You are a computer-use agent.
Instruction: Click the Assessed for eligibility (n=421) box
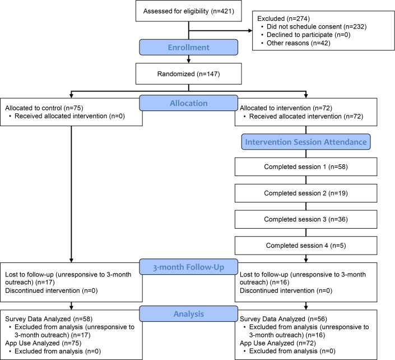(x=189, y=11)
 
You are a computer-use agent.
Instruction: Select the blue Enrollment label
(x=189, y=47)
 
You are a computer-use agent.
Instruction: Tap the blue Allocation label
(x=189, y=103)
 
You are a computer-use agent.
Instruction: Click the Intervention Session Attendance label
(x=306, y=142)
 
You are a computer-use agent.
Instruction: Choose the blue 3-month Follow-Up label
(x=189, y=267)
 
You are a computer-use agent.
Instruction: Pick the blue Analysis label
(x=189, y=313)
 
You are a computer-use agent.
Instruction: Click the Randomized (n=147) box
(x=189, y=73)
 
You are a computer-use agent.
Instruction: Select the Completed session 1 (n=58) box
(x=306, y=167)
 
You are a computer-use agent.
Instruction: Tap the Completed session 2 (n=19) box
(x=306, y=193)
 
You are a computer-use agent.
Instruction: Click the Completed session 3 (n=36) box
(x=306, y=219)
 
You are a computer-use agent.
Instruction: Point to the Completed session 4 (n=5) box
(x=306, y=246)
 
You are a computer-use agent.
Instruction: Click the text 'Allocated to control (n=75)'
(x=44, y=108)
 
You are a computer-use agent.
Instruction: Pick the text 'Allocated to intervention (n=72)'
(x=286, y=108)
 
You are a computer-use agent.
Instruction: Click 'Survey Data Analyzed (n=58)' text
(x=49, y=319)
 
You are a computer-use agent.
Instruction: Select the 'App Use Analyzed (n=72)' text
(x=278, y=343)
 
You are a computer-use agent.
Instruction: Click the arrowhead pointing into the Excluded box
(x=250, y=31)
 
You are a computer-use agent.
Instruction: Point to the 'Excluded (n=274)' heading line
(x=284, y=19)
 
